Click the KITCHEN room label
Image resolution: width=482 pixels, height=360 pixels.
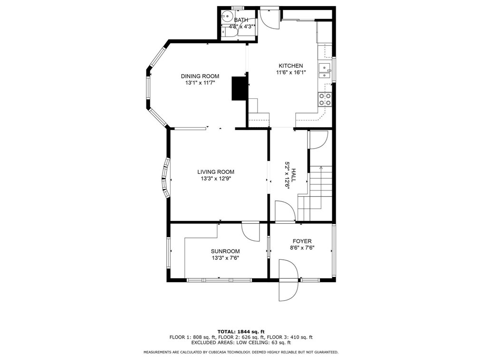click(x=290, y=66)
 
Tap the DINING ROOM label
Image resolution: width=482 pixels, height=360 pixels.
click(x=200, y=76)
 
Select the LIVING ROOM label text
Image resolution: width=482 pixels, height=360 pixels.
click(x=216, y=172)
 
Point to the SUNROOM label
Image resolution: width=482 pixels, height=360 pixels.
click(x=225, y=251)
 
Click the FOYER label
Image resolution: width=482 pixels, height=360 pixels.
click(x=302, y=241)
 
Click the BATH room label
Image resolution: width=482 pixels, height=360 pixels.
click(x=241, y=20)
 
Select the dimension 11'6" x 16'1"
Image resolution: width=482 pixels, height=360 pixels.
click(x=290, y=73)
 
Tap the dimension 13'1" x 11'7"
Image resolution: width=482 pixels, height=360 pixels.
click(x=200, y=83)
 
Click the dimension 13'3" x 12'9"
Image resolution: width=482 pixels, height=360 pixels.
click(x=216, y=179)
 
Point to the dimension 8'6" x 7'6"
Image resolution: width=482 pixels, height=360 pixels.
click(x=302, y=248)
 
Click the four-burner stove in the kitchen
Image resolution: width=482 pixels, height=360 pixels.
click(x=325, y=99)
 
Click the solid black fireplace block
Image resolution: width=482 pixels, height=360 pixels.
click(x=238, y=88)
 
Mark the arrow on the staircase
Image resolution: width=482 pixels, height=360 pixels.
click(x=321, y=168)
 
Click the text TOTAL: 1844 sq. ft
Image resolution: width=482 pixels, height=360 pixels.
click(x=241, y=331)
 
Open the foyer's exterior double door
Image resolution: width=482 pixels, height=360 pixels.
click(x=288, y=280)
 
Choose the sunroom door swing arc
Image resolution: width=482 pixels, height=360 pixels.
click(x=251, y=232)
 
